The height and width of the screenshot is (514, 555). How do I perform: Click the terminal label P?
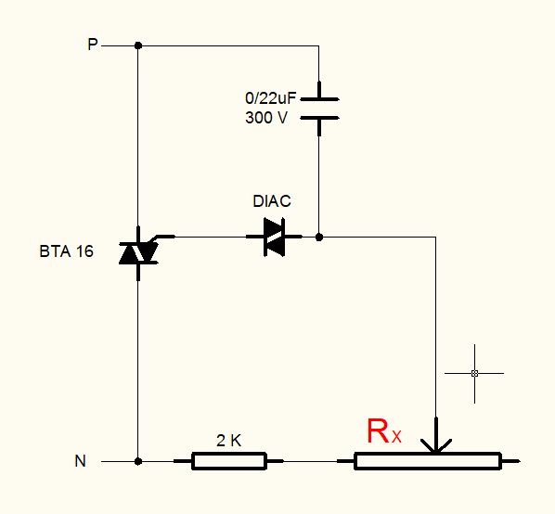click(x=93, y=45)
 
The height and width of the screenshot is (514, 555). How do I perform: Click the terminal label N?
click(x=81, y=461)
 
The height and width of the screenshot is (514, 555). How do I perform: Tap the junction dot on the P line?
click(x=138, y=45)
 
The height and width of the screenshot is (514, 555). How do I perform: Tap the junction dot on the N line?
click(x=138, y=461)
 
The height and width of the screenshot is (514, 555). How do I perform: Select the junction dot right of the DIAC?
click(x=319, y=237)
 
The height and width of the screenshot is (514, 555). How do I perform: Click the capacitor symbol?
click(x=319, y=109)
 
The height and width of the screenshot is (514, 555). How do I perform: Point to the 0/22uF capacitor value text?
click(x=270, y=98)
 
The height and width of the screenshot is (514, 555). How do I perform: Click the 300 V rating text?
click(x=266, y=118)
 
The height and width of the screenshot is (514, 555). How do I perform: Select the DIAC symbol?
click(x=275, y=237)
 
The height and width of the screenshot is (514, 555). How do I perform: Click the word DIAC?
click(x=272, y=201)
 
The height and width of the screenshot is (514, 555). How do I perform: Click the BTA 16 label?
click(x=66, y=251)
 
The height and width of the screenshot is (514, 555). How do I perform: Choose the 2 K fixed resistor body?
click(x=229, y=461)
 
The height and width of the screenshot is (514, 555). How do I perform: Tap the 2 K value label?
click(x=228, y=441)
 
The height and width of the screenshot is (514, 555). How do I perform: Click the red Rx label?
click(x=384, y=431)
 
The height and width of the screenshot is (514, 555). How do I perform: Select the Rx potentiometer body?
click(x=428, y=461)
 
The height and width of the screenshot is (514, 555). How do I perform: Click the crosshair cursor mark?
click(x=474, y=373)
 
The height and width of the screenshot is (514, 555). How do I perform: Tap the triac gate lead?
click(x=161, y=238)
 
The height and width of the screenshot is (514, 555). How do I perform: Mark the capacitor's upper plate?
click(x=319, y=99)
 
